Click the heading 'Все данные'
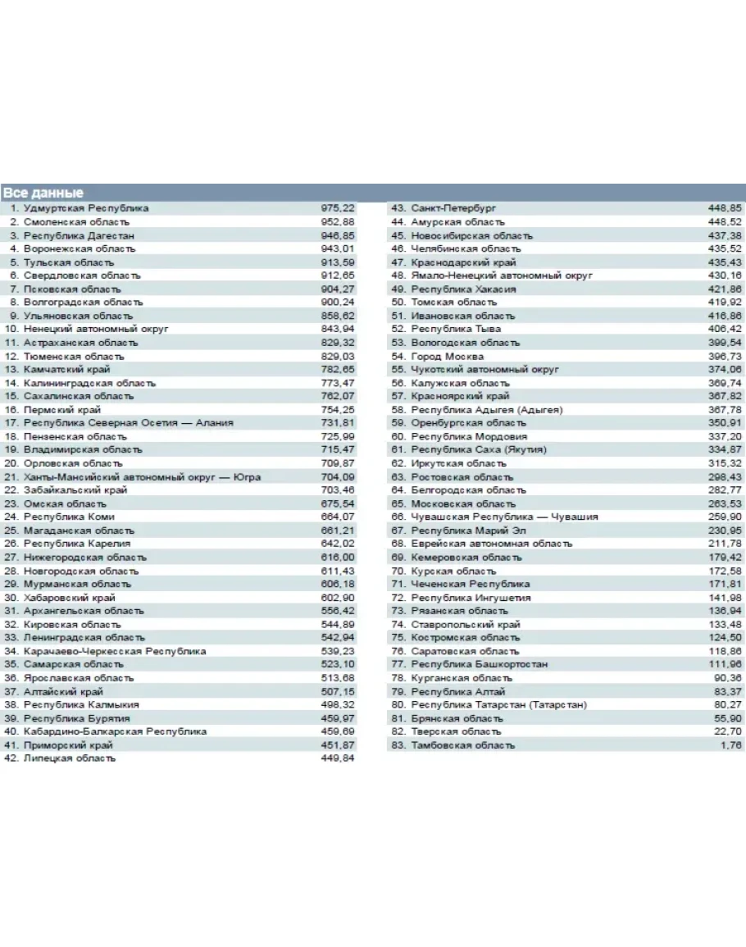point(43,193)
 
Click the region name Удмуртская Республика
point(86,208)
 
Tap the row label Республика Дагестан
point(79,235)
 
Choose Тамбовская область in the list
point(463,745)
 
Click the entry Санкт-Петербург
point(453,208)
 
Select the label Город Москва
point(448,357)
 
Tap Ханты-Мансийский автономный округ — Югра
point(143,476)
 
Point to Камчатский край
point(66,370)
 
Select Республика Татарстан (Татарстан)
point(498,704)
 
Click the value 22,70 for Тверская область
point(728,731)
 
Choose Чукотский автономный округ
point(484,370)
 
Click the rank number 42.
point(11,758)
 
